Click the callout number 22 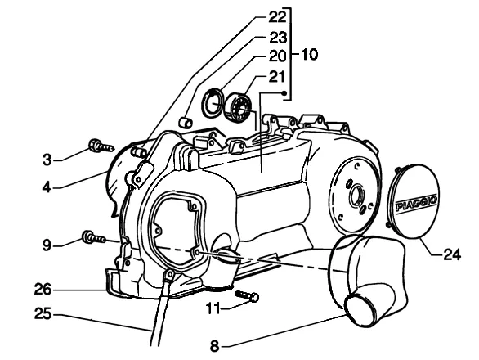[x=278, y=17]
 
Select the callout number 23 [x=278, y=38]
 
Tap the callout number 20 [x=278, y=56]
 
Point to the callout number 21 [x=277, y=76]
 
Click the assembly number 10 [x=310, y=55]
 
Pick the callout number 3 [x=47, y=160]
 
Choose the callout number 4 [x=47, y=187]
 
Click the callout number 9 [x=47, y=245]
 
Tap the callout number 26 [x=43, y=290]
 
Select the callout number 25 [x=43, y=314]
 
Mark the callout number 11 [x=213, y=308]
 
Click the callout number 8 [x=215, y=347]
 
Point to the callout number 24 [x=452, y=254]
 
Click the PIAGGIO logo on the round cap [x=416, y=204]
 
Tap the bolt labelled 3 [x=101, y=146]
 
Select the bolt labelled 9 [x=94, y=237]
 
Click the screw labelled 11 [x=247, y=295]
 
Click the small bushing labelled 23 [x=185, y=123]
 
